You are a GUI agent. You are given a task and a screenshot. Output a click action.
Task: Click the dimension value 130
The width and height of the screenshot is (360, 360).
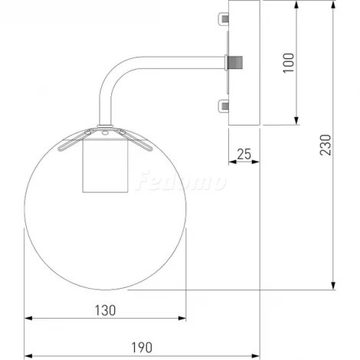coord(105,310)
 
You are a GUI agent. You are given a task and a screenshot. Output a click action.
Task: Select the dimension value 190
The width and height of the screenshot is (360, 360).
coord(142,348)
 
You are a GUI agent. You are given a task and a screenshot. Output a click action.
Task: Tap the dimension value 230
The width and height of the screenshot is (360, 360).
coord(326,145)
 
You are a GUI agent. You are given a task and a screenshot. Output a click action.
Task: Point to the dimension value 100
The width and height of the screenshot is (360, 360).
coord(289,63)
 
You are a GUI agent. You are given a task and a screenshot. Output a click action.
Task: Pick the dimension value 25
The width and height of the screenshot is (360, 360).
coord(244,154)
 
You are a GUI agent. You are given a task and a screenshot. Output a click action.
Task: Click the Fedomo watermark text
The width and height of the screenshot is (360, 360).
coord(181,181)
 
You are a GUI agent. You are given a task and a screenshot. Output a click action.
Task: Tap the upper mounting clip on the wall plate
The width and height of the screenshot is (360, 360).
coord(224,18)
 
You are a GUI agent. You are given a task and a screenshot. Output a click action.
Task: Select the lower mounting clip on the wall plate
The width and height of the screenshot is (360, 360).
coord(224,106)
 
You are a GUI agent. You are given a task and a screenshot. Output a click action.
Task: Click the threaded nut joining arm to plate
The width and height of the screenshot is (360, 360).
coord(235,63)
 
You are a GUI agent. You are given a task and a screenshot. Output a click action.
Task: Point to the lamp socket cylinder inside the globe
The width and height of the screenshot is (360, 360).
coord(105,165)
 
